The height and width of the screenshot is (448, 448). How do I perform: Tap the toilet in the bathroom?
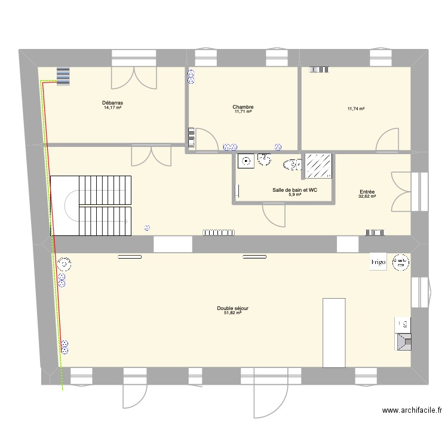coord(291,165)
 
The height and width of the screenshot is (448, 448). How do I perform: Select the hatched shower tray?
coord(319,166)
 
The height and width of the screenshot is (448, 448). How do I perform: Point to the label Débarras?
coord(112,103)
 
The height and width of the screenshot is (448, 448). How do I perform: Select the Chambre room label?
coord(243,107)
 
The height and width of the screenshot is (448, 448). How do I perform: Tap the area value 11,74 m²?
coord(356,109)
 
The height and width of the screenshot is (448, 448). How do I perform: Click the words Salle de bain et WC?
coord(294,190)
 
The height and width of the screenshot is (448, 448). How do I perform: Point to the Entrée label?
coord(367,191)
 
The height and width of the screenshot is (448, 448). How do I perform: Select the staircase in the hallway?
coord(91,206)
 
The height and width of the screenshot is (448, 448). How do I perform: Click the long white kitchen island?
coord(334,333)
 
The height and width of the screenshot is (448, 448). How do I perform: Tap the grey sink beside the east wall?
coord(403,342)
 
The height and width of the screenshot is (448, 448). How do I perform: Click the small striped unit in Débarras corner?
coord(63,76)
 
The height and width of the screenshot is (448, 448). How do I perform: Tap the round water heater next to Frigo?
coord(398,262)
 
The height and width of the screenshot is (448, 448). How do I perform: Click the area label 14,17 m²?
coord(112,108)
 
